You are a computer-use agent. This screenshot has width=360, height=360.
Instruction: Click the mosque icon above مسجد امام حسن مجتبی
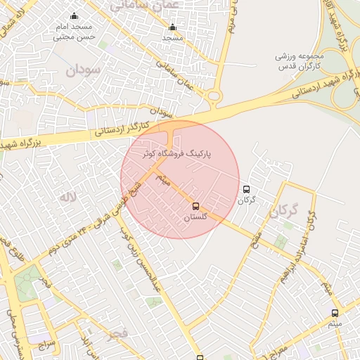pyautogui.click(x=74, y=16)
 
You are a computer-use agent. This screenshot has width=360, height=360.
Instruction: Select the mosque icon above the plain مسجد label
pyautogui.click(x=172, y=28)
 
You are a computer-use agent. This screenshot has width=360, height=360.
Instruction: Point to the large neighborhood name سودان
pyautogui.click(x=84, y=70)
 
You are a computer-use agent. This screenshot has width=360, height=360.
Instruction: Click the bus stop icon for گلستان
pyautogui.click(x=195, y=206)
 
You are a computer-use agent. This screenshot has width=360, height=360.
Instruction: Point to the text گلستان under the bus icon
pyautogui.click(x=195, y=218)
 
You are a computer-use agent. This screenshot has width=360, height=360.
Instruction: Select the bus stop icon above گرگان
pyautogui.click(x=246, y=188)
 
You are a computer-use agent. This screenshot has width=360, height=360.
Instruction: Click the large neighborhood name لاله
pyautogui.click(x=67, y=197)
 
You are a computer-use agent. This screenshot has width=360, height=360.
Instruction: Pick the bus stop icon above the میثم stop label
pyautogui.click(x=335, y=313)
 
